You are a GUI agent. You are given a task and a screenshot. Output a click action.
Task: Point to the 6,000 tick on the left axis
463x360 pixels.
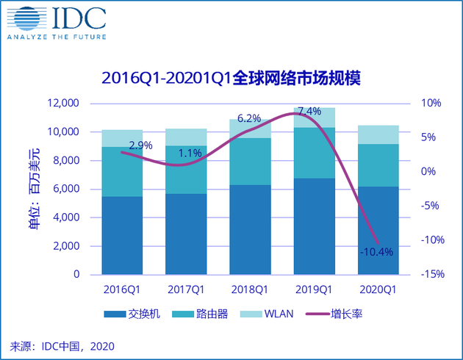pyautogui.click(x=65, y=189)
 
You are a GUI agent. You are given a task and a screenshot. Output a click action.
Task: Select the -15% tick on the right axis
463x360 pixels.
pyautogui.click(x=432, y=274)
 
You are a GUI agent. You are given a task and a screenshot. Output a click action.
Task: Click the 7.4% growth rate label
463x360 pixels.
pyautogui.click(x=309, y=112)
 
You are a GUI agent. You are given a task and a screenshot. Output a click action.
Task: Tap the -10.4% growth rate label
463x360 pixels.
pyautogui.click(x=377, y=252)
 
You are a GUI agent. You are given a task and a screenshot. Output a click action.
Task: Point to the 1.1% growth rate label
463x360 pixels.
pyautogui.click(x=190, y=153)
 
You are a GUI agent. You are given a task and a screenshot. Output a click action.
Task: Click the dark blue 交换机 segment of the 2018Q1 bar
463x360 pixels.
pyautogui.click(x=250, y=229)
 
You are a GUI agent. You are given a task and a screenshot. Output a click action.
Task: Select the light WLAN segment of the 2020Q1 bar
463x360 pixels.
pyautogui.click(x=378, y=134)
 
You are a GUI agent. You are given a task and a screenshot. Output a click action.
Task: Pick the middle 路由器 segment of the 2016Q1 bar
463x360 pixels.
pyautogui.click(x=123, y=171)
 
